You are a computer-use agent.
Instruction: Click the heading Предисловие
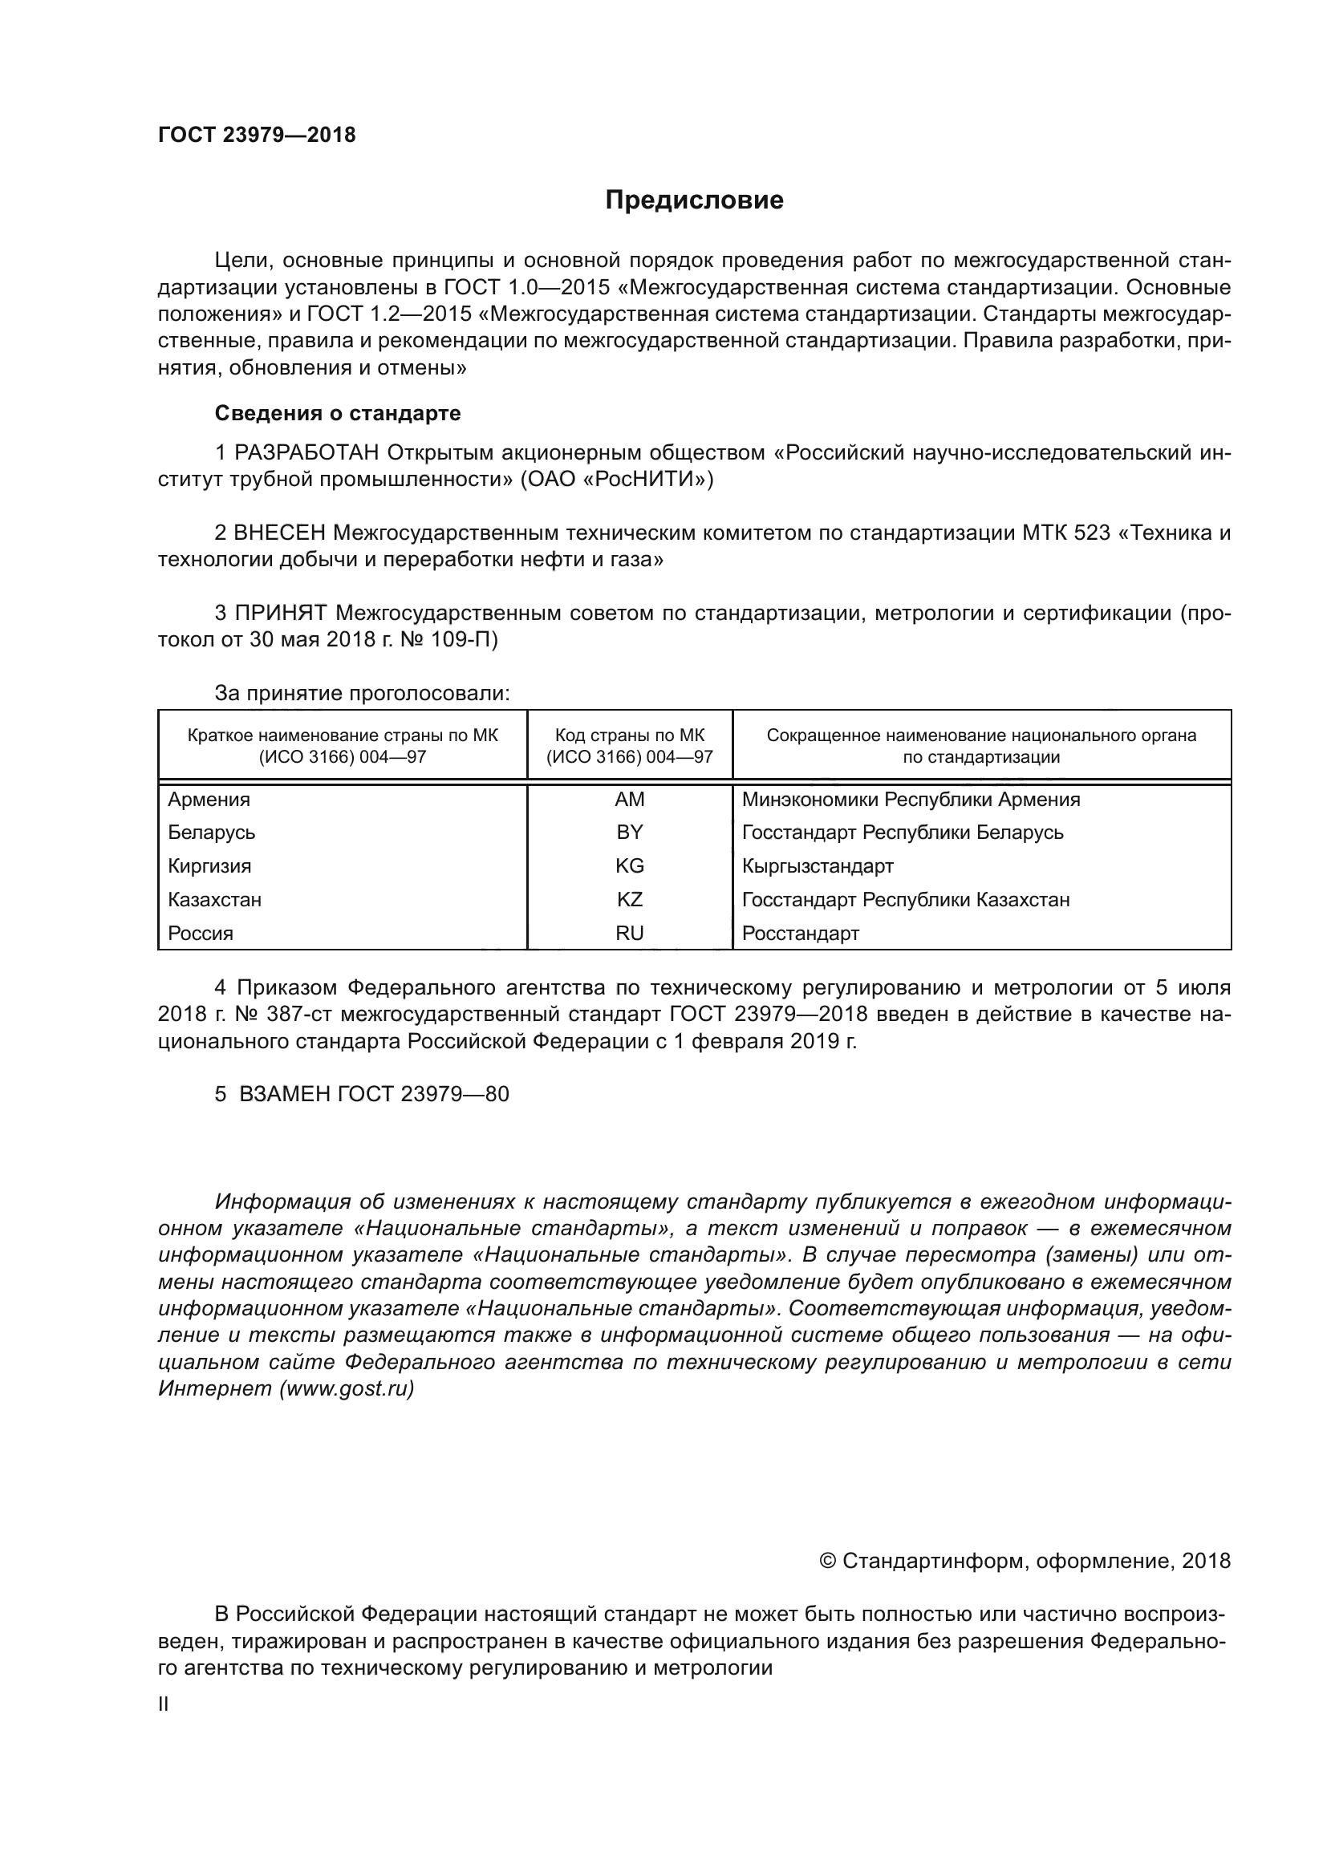[694, 201]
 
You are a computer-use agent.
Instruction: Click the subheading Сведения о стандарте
[338, 413]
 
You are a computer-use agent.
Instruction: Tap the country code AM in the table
[629, 800]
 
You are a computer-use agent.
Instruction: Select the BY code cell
[629, 833]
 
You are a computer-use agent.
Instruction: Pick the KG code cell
[629, 866]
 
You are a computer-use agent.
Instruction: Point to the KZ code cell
[629, 900]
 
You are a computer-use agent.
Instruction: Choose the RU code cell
[629, 933]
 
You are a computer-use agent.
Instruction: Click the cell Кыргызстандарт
[817, 866]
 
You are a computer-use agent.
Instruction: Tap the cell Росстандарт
[800, 933]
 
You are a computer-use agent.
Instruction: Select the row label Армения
[209, 800]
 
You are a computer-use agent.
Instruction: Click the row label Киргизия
[209, 866]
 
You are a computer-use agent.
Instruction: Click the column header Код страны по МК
[629, 735]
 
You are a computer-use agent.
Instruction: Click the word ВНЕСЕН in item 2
[279, 533]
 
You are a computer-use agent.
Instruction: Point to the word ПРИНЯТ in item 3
[281, 614]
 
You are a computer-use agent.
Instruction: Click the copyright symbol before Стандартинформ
[827, 1562]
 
